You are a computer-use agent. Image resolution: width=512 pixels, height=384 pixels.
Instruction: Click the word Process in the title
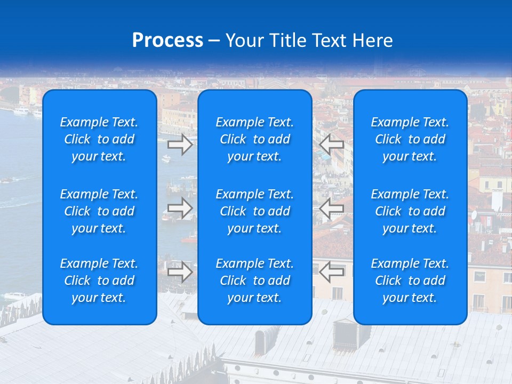(x=167, y=41)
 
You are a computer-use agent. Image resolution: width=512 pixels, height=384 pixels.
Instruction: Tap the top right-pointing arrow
(x=180, y=144)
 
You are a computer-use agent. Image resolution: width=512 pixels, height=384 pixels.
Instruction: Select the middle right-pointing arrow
(x=180, y=208)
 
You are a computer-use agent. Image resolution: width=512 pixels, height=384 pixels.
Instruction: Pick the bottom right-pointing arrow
(x=180, y=272)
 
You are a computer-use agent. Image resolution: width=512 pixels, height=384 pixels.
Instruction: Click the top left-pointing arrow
(x=332, y=144)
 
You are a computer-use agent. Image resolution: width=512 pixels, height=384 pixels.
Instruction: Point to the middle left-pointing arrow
(x=332, y=208)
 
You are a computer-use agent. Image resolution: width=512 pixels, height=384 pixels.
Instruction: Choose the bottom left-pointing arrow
(x=332, y=272)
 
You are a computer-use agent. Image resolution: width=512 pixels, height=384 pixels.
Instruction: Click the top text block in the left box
(x=99, y=139)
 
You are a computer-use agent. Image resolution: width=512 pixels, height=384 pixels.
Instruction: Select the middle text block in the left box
(x=99, y=211)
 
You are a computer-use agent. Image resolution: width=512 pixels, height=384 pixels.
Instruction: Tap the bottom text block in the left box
(x=99, y=281)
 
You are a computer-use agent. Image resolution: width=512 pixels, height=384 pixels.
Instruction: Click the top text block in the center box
(x=255, y=139)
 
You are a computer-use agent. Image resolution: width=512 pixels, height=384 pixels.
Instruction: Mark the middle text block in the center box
(x=255, y=211)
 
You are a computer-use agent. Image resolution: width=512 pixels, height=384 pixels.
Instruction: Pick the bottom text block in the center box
(x=255, y=281)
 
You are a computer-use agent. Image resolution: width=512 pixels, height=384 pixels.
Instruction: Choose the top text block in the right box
(x=410, y=139)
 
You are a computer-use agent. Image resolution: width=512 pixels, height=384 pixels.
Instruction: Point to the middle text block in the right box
(x=410, y=211)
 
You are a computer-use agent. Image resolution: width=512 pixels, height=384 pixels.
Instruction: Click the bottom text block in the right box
(x=410, y=281)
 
